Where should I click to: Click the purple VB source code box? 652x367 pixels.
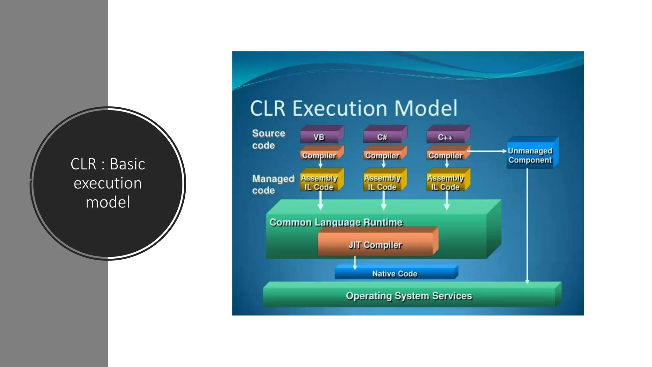coord(319,137)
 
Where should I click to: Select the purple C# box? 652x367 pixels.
coord(382,137)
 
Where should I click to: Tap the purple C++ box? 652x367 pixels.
coord(445,137)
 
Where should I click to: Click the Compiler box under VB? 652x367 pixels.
coord(319,155)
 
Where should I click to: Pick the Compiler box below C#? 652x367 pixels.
coord(382,155)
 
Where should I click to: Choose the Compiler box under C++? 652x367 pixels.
coord(445,155)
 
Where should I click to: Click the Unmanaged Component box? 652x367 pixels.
coord(530,155)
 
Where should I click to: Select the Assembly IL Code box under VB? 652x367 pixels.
coord(319,182)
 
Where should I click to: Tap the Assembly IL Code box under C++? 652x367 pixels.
coord(445,182)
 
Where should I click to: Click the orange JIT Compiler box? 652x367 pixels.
coord(376,245)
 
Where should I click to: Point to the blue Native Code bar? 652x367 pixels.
coord(395,274)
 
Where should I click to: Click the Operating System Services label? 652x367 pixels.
coord(409,296)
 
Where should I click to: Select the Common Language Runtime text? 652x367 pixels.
coord(336,222)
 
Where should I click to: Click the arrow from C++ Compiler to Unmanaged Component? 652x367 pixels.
coord(487,151)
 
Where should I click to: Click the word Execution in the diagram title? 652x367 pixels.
coord(339,108)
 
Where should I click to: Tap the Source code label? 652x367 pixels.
coord(268,139)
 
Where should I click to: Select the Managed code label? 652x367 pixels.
coord(273,184)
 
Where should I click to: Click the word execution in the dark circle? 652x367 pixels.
coord(108,183)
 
